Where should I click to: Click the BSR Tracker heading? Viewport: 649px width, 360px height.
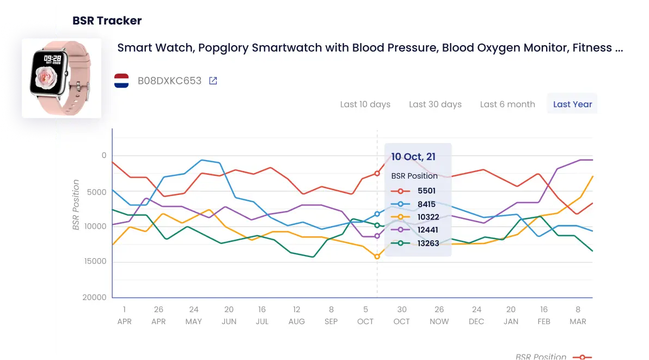(107, 21)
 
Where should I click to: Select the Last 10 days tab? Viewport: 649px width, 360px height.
(365, 104)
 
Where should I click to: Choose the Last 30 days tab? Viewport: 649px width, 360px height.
(435, 104)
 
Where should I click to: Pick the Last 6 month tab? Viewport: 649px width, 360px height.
(507, 104)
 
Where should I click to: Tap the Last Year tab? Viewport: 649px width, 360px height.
(572, 104)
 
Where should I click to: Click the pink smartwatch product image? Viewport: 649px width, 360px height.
(61, 78)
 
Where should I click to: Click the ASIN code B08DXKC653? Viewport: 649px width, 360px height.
(169, 81)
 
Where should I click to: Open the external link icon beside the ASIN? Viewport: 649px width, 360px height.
(213, 81)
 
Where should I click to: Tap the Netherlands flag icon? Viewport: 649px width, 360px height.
(121, 81)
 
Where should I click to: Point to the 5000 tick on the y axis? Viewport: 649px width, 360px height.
(96, 192)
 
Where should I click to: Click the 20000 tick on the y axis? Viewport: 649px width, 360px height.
(94, 297)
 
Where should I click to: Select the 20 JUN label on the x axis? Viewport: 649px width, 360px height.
(229, 315)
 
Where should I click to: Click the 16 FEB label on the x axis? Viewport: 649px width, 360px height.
(544, 315)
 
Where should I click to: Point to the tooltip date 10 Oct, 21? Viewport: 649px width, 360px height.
(413, 157)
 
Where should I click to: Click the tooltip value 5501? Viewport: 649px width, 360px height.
(426, 191)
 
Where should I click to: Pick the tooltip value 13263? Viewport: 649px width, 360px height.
(428, 243)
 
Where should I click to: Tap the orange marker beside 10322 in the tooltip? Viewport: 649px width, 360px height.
(400, 217)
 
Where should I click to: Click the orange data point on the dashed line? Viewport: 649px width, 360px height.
(377, 257)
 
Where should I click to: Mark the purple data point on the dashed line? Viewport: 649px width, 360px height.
(377, 236)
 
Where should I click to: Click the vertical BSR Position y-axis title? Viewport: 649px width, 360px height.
(76, 205)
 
